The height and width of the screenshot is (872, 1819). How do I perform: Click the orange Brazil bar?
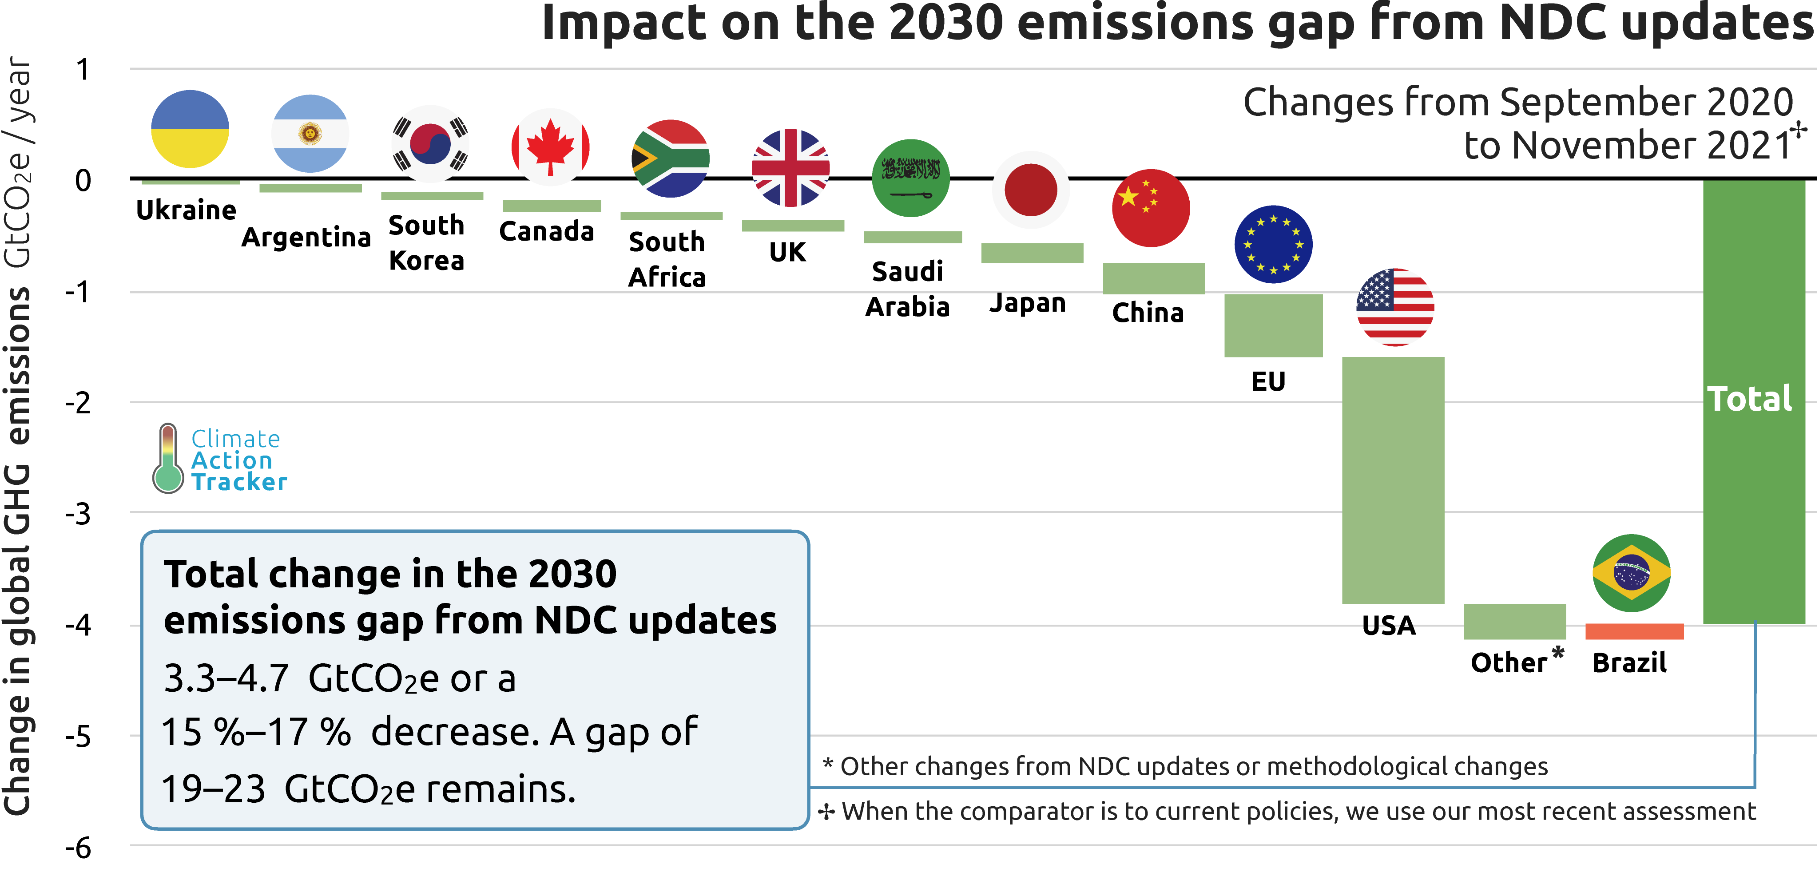coord(1634,631)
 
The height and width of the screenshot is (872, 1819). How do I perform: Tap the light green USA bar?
coord(1393,480)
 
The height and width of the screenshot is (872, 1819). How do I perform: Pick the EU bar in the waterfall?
coord(1273,325)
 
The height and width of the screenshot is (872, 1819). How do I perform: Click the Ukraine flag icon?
coord(190,128)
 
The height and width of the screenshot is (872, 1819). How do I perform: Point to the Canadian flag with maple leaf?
coord(550,147)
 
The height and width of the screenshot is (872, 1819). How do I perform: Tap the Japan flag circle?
coord(1030,190)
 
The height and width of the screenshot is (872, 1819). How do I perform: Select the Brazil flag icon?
coord(1631,573)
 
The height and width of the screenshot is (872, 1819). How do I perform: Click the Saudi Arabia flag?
coord(910,178)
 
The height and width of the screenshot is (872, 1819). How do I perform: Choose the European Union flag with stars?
coord(1273,244)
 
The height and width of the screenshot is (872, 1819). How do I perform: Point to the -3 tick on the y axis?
coord(78,514)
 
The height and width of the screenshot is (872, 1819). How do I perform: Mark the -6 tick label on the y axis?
coord(78,848)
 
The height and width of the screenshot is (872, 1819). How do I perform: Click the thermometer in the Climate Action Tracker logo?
coord(168,459)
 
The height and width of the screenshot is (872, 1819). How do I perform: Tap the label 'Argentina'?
coord(306,237)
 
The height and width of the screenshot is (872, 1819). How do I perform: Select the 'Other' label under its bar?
coord(1509,663)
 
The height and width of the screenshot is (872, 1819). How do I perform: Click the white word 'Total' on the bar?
coord(1750,399)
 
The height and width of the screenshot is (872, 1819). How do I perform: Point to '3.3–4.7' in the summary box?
coord(226,678)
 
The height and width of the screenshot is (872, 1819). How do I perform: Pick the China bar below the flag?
coord(1153,278)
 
